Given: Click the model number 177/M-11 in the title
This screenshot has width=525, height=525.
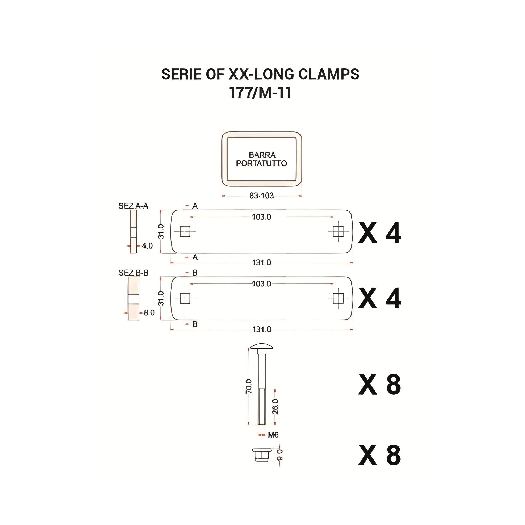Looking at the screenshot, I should coord(260,93).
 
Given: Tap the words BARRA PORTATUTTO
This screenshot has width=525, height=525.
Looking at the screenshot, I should coord(261,159).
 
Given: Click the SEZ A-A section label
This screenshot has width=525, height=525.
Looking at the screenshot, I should coord(133,206).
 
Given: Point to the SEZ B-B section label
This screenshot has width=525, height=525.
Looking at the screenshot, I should coord(133,273).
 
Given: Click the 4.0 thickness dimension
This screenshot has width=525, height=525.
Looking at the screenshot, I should coord(147,246).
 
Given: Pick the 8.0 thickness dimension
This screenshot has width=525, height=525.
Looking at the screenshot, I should coord(149,313).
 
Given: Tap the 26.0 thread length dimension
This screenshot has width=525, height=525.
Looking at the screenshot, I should coord(275,407).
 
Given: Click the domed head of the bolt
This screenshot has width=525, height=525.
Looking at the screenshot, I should coord(262,346).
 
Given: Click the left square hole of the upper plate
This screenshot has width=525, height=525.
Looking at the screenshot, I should coord(185,231).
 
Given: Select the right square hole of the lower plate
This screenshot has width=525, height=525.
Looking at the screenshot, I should coord(338,299).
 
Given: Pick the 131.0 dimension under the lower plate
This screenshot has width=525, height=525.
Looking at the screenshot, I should coord(261,330).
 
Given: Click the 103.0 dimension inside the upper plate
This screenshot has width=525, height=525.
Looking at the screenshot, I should coord(261,217).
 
